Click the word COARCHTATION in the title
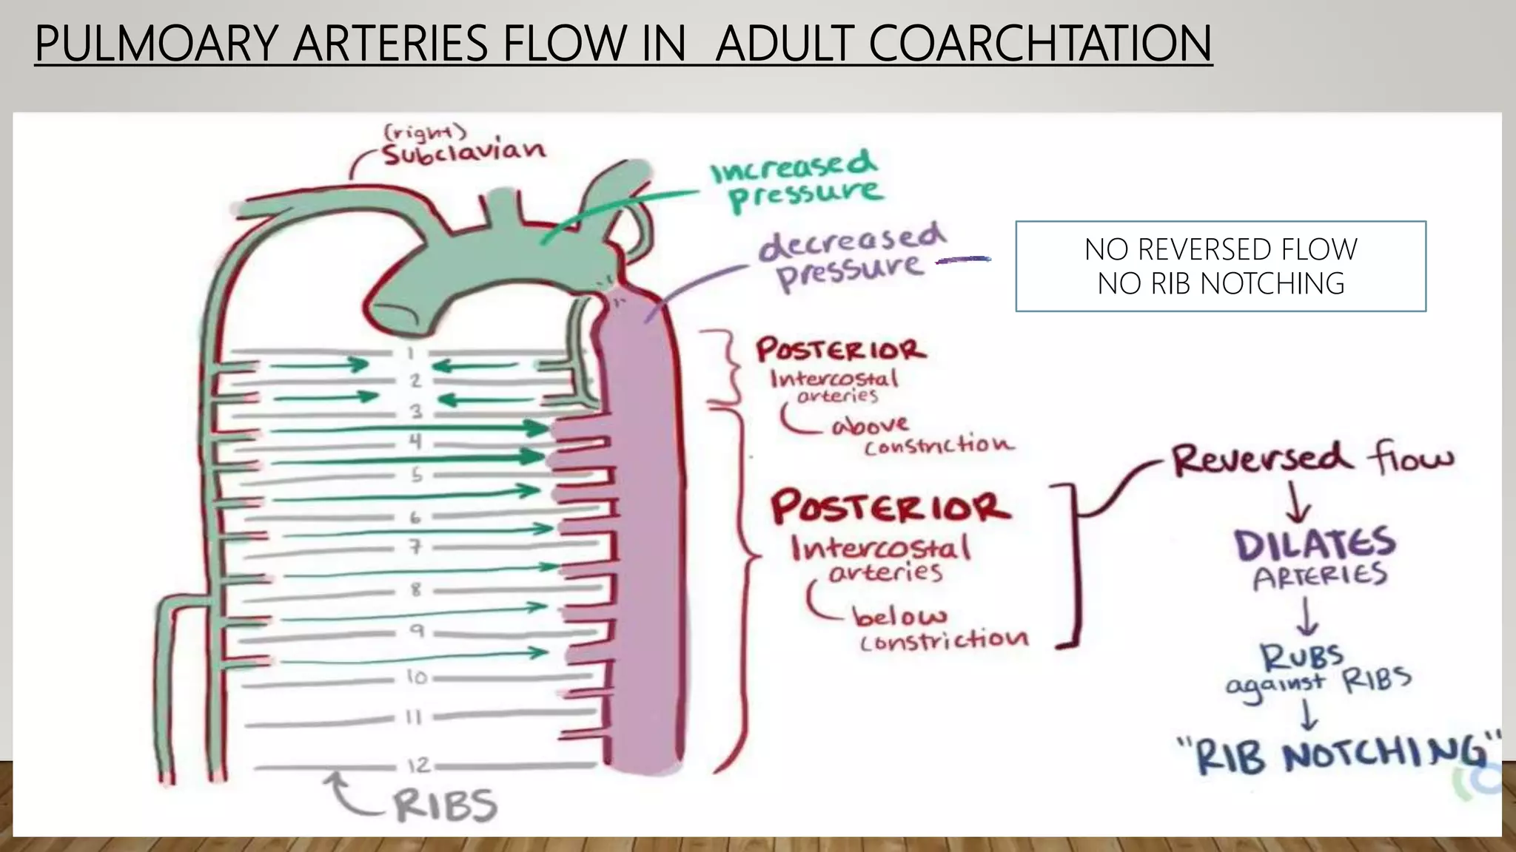(1040, 43)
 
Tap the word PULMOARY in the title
(154, 43)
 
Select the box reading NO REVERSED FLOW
(1221, 266)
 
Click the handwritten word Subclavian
(464, 152)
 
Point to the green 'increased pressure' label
(798, 180)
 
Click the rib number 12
(417, 765)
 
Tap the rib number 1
(409, 353)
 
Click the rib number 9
(417, 631)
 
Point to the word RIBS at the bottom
(444, 805)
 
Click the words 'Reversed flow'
(1312, 459)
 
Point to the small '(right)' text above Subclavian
(425, 132)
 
